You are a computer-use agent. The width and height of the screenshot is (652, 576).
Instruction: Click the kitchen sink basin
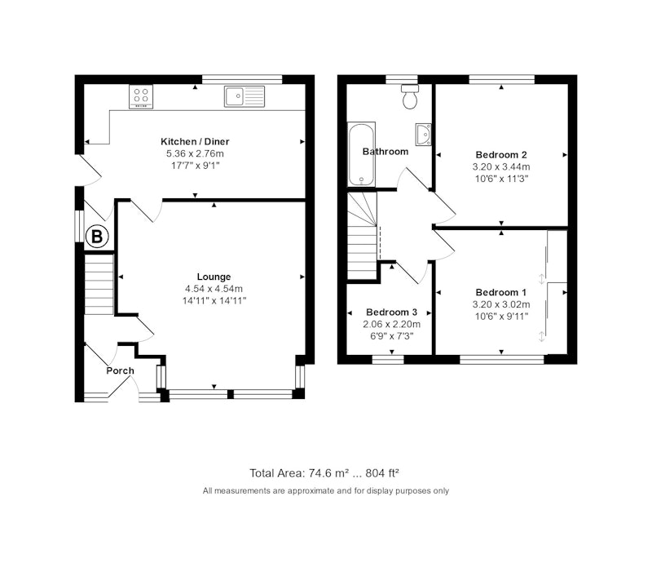[235, 96]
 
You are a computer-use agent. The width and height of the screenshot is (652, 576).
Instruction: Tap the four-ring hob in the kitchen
[141, 96]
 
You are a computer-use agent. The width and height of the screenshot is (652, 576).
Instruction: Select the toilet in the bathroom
[411, 96]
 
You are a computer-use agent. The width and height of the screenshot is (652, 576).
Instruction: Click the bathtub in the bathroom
[361, 154]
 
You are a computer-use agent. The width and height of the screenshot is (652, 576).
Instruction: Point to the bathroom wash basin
[423, 135]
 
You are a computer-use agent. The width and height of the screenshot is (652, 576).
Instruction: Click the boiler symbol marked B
[97, 237]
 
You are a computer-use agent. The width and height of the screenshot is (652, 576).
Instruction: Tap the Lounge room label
[214, 277]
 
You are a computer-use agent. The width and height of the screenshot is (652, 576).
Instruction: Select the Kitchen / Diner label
[195, 141]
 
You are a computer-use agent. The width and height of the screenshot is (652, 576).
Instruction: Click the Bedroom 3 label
[391, 312]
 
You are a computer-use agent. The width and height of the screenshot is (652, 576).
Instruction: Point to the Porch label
[120, 371]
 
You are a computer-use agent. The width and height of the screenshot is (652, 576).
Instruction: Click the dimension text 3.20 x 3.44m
[501, 167]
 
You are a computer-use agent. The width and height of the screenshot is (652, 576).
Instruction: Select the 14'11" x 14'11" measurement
[214, 300]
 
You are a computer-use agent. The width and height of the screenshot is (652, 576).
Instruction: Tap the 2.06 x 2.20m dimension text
[391, 324]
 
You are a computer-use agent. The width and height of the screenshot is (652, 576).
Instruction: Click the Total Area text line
[324, 473]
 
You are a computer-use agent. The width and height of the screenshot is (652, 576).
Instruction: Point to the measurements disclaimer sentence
[326, 490]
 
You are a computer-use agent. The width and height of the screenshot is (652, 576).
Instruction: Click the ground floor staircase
[99, 285]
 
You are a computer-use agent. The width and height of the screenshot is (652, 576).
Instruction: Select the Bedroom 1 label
[501, 293]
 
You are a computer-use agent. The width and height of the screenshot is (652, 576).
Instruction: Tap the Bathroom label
[385, 152]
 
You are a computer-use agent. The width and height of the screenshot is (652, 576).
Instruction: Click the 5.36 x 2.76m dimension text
[195, 153]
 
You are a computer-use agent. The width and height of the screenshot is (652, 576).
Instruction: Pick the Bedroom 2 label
[501, 155]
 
